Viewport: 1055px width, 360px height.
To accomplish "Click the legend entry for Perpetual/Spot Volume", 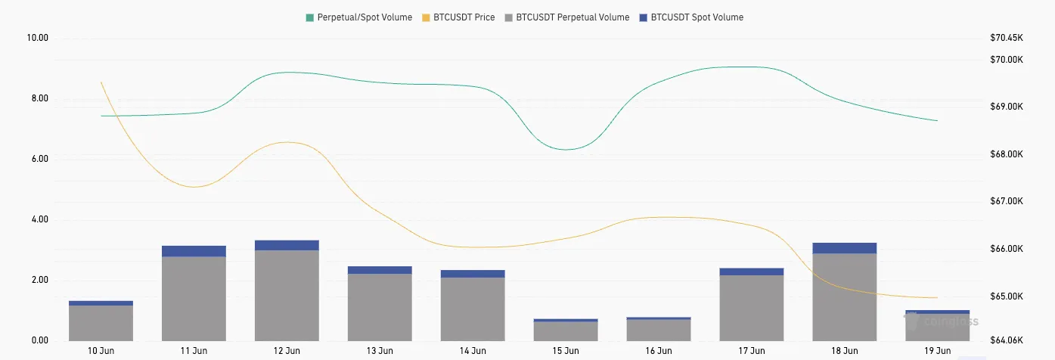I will [360, 17].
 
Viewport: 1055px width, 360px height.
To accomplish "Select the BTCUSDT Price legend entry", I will [458, 17].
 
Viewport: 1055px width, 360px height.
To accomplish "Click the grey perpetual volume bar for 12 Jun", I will [287, 295].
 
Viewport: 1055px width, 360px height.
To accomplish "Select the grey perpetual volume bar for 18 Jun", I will [845, 296].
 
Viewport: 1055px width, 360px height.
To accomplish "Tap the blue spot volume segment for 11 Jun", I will [194, 251].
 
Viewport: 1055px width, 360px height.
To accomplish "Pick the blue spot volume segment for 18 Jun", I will [845, 248].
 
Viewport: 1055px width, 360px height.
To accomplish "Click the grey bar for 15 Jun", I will [566, 331].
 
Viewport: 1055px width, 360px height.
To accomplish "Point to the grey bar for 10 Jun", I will [101, 323].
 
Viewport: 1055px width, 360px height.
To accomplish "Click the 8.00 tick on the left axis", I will [38, 98].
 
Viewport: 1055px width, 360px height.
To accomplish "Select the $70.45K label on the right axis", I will [1006, 38].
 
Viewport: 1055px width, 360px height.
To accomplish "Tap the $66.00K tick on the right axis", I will [1006, 249].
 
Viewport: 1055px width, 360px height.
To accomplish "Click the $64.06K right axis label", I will [1006, 341].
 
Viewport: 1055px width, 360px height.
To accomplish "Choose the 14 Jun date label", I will [473, 351].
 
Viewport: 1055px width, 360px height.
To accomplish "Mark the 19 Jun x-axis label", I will [938, 351].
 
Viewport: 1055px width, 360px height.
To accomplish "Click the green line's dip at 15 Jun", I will [566, 150].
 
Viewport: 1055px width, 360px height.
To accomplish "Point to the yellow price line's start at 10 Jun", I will [101, 82].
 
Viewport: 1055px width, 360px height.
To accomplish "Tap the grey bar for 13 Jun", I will [380, 307].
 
